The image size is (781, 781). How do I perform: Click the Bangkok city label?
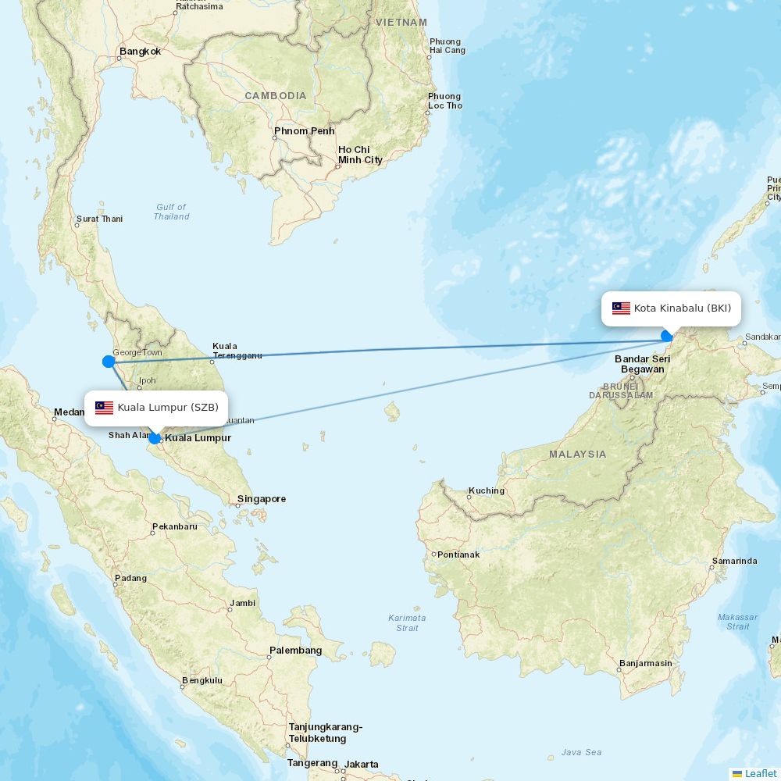pyautogui.click(x=140, y=52)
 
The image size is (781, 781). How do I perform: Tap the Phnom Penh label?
pyautogui.click(x=304, y=130)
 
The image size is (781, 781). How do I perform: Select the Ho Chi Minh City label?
pyautogui.click(x=359, y=155)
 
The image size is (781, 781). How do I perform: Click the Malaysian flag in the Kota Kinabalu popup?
pyautogui.click(x=621, y=308)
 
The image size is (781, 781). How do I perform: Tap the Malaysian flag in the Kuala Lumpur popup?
pyautogui.click(x=105, y=408)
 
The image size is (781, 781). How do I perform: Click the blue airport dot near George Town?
pyautogui.click(x=109, y=361)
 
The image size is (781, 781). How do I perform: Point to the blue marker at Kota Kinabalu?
pyautogui.click(x=666, y=336)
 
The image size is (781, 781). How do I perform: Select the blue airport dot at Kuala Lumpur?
pyautogui.click(x=155, y=438)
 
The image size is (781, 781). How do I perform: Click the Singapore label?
pyautogui.click(x=262, y=498)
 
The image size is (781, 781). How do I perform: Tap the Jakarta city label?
pyautogui.click(x=362, y=764)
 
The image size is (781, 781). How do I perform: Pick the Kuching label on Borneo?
pyautogui.click(x=486, y=491)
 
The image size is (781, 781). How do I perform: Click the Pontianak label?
pyautogui.click(x=458, y=555)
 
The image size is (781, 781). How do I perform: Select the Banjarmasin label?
pyautogui.click(x=645, y=664)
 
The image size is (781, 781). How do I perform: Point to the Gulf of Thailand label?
pyautogui.click(x=171, y=212)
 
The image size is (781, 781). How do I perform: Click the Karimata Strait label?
pyautogui.click(x=407, y=622)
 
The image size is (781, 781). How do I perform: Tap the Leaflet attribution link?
pyautogui.click(x=760, y=773)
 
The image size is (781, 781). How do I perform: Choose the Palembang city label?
pyautogui.click(x=295, y=650)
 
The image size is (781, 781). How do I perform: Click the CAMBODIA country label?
pyautogui.click(x=275, y=95)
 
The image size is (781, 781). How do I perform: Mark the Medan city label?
pyautogui.click(x=69, y=412)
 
